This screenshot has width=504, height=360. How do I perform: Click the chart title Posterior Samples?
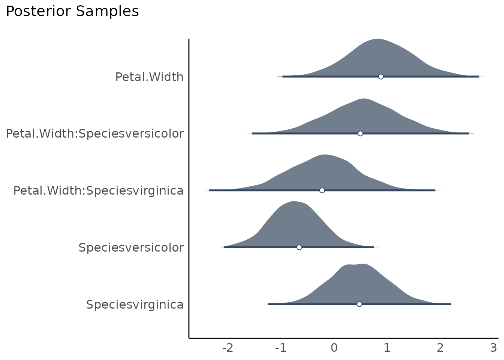click(x=72, y=12)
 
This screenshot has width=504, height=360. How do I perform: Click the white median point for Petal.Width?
click(x=381, y=76)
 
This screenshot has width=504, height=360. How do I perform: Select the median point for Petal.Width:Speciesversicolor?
click(x=360, y=133)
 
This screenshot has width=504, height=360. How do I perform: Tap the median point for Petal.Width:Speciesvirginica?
click(x=322, y=190)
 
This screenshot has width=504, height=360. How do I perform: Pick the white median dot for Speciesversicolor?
click(x=299, y=247)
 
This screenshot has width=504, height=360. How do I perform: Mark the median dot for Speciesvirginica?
click(x=359, y=304)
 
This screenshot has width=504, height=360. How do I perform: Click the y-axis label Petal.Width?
click(x=149, y=77)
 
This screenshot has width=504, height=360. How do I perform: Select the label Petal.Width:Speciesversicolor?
click(x=94, y=134)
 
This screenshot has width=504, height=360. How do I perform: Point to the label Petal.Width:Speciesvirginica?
click(x=98, y=191)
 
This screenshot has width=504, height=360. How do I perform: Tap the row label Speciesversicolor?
click(x=131, y=248)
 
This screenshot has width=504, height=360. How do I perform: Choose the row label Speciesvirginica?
click(x=135, y=305)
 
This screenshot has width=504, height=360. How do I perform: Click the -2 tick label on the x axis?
click(x=228, y=348)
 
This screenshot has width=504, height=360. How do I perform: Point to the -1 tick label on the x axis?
click(x=280, y=348)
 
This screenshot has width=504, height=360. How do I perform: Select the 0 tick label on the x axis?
click(x=334, y=348)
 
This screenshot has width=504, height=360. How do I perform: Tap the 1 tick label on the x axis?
click(x=387, y=348)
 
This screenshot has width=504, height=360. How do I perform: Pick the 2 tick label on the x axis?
click(x=440, y=348)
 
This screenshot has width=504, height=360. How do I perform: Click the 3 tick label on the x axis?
click(x=493, y=348)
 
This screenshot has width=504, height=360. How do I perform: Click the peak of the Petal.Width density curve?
click(x=378, y=39)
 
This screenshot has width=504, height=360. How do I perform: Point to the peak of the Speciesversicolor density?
click(x=294, y=202)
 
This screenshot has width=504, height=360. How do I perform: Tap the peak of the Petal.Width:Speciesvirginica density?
click(x=325, y=155)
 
